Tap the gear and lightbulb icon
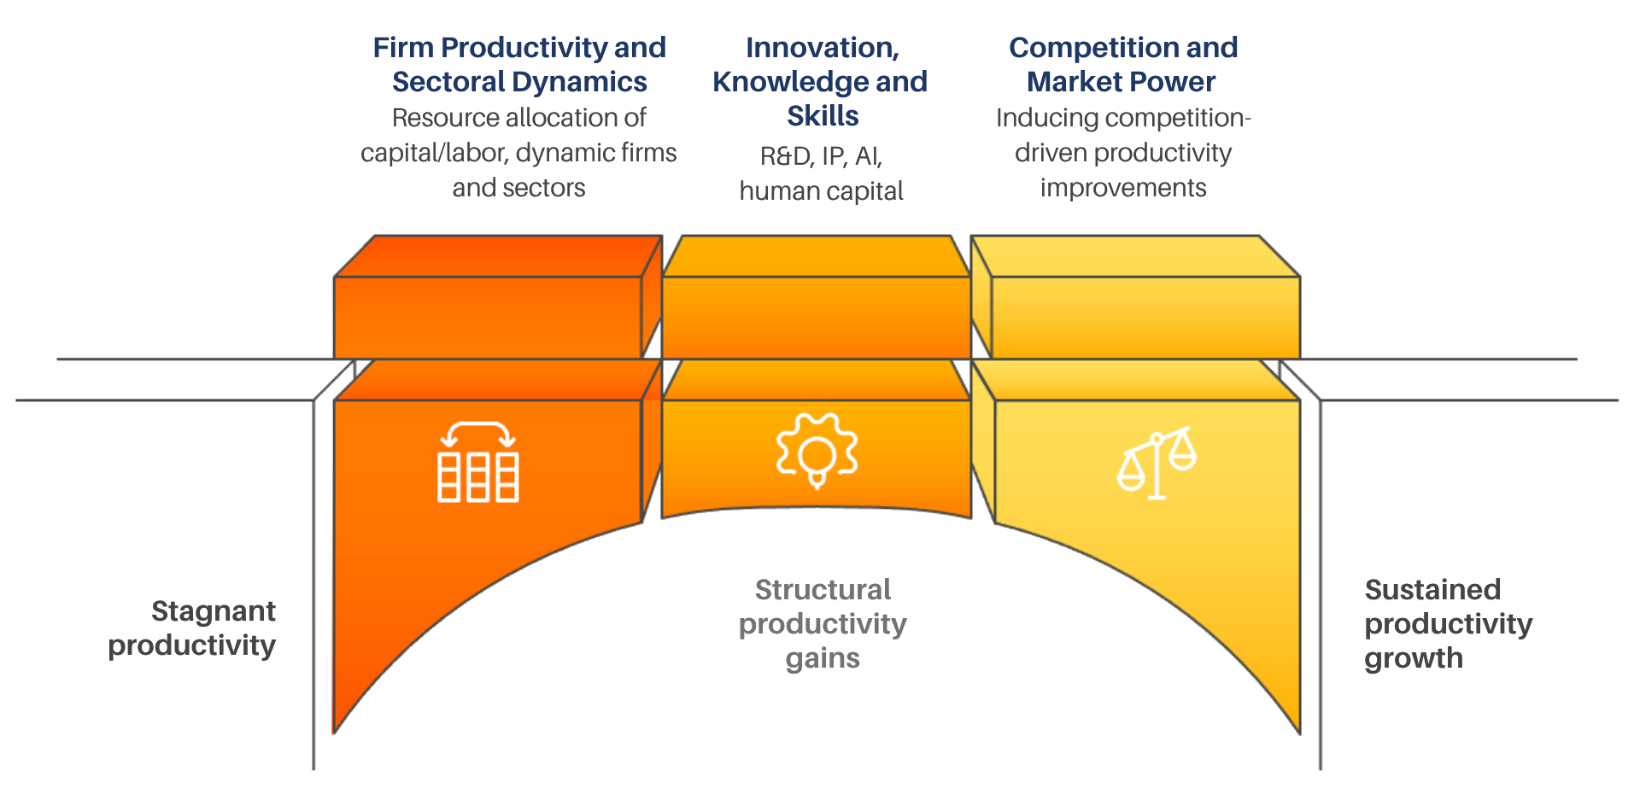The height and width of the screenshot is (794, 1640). [817, 451]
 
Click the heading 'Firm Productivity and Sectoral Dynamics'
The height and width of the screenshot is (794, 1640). [519, 65]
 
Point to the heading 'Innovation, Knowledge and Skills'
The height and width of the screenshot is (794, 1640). [821, 82]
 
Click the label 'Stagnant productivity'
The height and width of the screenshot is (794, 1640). [193, 628]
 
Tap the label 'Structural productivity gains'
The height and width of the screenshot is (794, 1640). [822, 624]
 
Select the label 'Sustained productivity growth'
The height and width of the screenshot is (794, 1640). [1447, 624]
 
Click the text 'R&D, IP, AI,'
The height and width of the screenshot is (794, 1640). [821, 156]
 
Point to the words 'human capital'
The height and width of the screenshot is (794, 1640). [821, 190]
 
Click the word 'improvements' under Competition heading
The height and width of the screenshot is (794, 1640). [1123, 187]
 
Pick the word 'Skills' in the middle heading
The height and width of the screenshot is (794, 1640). [823, 116]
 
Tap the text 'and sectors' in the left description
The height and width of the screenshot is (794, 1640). [518, 187]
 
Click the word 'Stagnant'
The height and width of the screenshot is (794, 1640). [214, 610]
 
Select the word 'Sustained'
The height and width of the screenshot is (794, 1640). [1432, 589]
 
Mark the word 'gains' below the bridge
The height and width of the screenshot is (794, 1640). [822, 658]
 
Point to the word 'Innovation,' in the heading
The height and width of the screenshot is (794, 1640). [822, 48]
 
